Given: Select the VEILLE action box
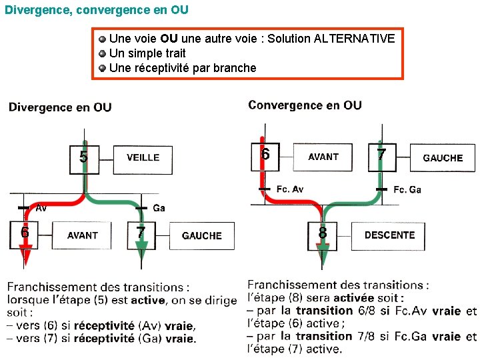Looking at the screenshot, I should click(143, 157).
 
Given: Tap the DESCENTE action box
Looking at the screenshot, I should click(389, 235).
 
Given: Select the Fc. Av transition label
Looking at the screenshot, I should click(289, 189).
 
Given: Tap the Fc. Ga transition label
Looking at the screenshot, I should click(407, 189).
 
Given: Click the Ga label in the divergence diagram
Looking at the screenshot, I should click(159, 208).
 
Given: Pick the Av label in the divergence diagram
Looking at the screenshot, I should click(41, 208).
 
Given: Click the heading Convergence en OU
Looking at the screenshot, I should click(305, 105).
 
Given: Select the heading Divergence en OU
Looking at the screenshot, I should click(60, 107).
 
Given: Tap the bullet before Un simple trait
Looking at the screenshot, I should click(102, 53).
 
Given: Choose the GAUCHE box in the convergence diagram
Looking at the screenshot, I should click(443, 158).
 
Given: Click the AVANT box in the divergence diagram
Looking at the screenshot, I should click(83, 235).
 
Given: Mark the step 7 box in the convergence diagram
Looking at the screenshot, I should click(381, 157).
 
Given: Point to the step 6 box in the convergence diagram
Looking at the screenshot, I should click(265, 157).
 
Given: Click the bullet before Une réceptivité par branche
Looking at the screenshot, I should click(102, 68).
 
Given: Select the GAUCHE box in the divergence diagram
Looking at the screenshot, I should click(201, 235).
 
